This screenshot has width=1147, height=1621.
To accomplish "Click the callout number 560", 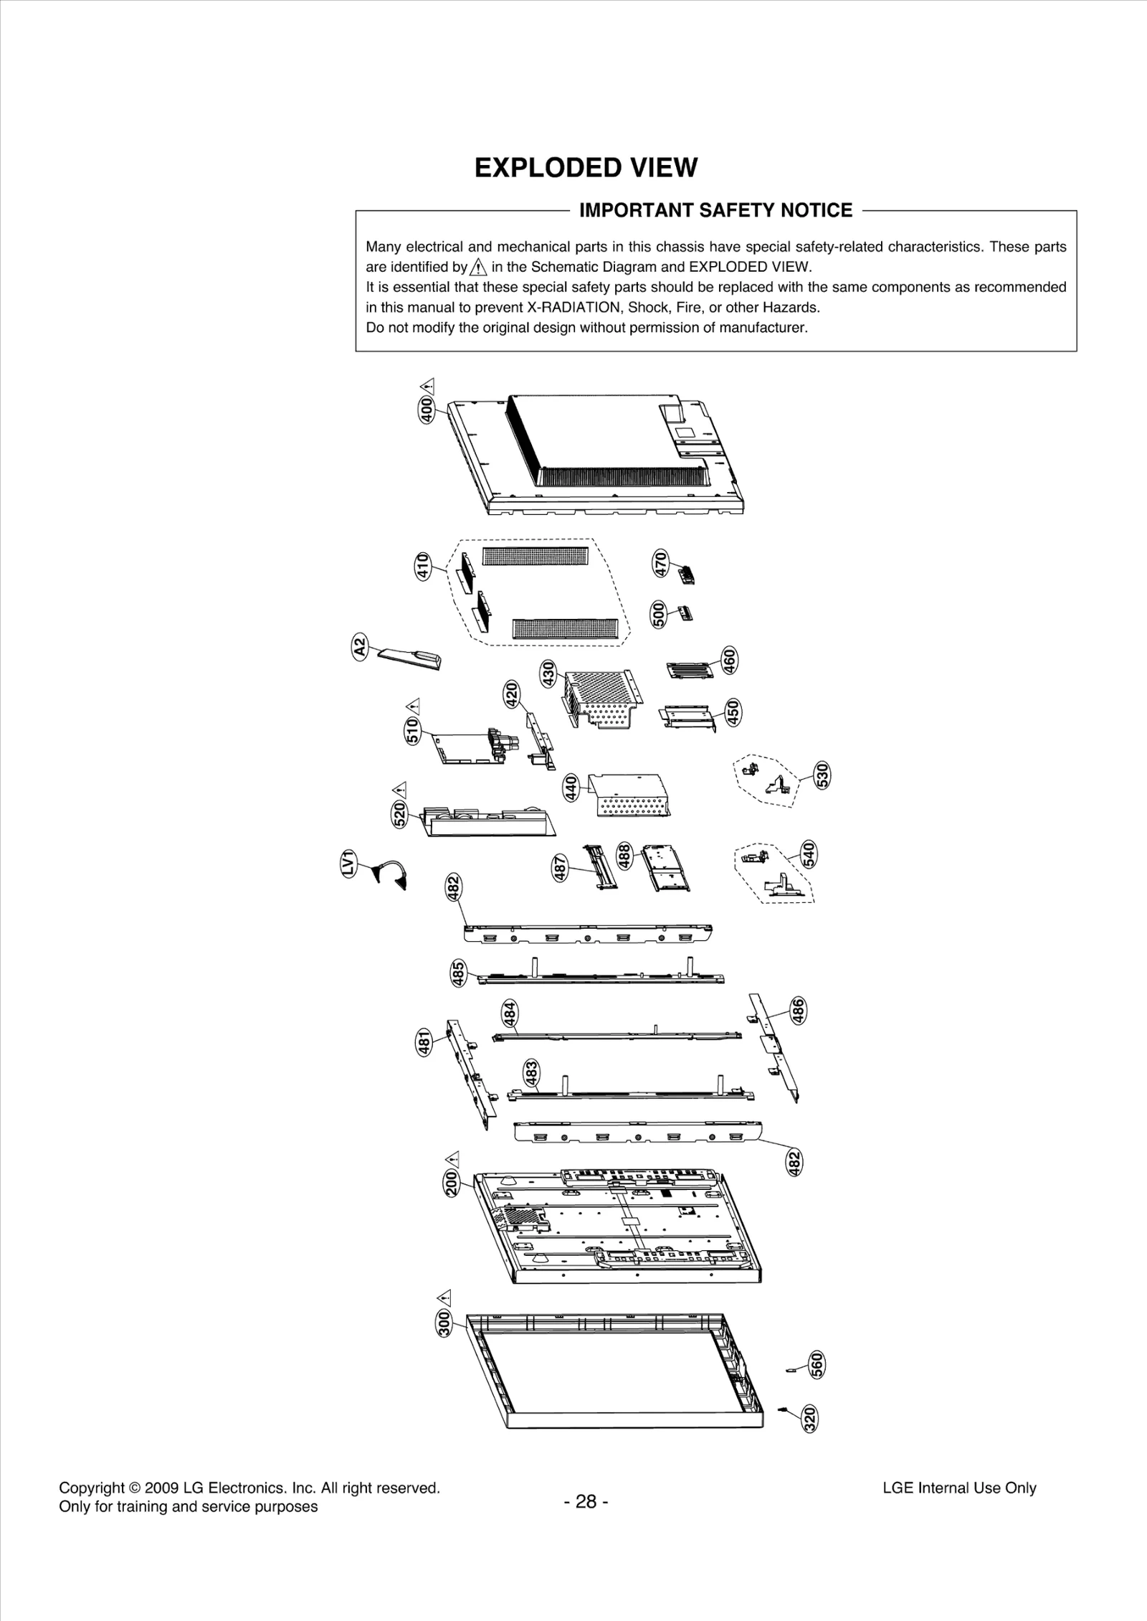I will click(817, 1365).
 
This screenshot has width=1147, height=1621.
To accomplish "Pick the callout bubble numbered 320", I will click(810, 1419).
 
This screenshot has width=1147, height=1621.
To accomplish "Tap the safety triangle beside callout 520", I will click(400, 789).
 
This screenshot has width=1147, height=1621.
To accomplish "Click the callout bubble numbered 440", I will click(571, 788).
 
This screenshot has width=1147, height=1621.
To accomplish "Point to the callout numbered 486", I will click(797, 1010).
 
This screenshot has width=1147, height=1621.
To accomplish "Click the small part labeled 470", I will click(687, 574).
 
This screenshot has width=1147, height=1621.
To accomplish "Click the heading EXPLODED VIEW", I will click(586, 168).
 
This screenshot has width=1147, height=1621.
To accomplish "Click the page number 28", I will click(586, 1501).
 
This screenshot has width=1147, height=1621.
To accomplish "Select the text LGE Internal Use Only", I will click(959, 1488).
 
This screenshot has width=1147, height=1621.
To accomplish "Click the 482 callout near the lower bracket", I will click(794, 1163).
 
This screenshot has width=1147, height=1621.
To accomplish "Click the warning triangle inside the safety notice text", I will click(478, 268).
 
